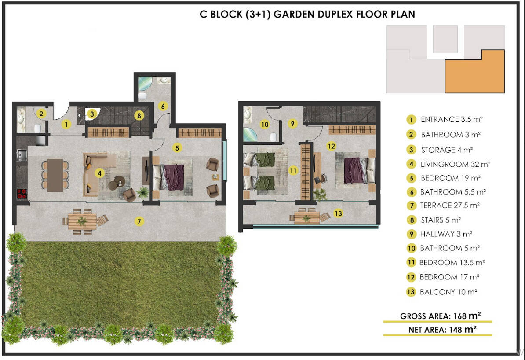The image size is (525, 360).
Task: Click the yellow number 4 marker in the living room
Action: click(99, 173)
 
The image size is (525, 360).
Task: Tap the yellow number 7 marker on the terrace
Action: click(139, 221)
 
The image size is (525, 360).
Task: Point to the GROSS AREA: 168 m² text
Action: click(440, 316)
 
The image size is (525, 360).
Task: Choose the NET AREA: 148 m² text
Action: click(442, 330)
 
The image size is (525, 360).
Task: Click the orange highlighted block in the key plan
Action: click(475, 71)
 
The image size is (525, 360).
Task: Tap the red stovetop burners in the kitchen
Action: click(22, 194)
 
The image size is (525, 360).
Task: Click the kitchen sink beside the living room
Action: click(22, 155)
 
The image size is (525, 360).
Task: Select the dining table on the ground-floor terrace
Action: click(82, 221)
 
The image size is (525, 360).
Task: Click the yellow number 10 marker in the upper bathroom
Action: click(265, 125)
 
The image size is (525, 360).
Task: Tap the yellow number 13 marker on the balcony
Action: click(338, 213)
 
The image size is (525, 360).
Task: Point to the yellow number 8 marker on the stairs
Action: click(139, 116)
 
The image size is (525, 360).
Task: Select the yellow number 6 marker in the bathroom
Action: click(163, 106)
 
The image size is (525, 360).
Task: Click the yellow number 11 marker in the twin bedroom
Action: click(293, 171)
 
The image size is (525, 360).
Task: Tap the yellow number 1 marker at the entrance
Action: click(66, 125)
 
